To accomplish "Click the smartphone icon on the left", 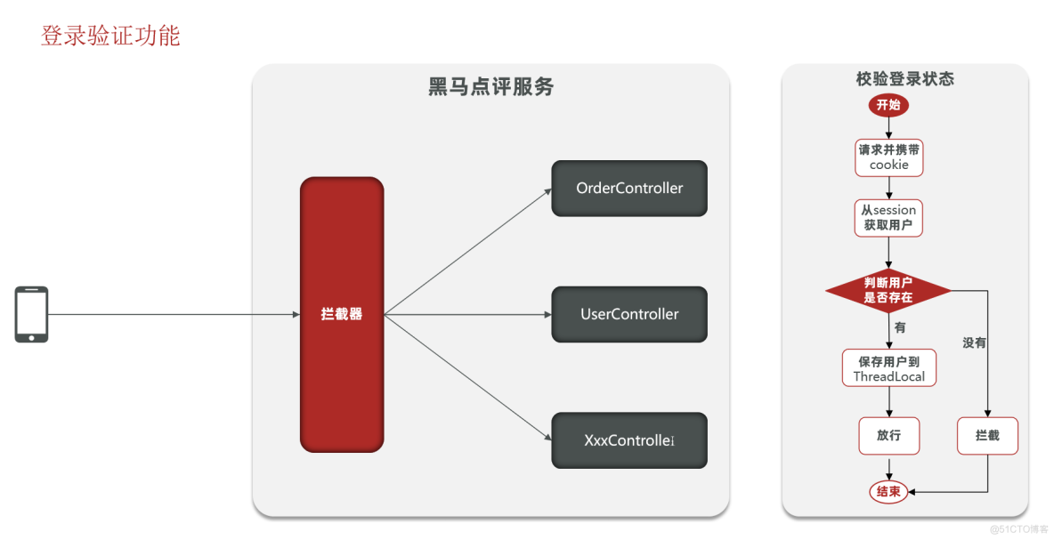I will [31, 314].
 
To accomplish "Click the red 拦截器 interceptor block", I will [342, 314].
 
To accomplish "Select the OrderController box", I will [629, 188].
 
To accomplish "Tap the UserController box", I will [629, 314].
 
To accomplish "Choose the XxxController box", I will [629, 440].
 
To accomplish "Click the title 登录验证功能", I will [110, 36].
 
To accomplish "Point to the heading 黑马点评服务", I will [491, 87].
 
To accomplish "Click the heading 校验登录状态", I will [904, 79].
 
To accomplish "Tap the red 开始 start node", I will [888, 105].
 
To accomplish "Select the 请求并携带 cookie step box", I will [888, 157].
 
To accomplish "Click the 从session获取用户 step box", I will [888, 217].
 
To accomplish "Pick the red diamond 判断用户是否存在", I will [888, 290].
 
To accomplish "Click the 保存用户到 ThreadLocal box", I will [888, 368].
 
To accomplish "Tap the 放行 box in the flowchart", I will [888, 436].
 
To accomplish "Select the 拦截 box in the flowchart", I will [987, 436].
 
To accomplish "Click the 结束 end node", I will [888, 491].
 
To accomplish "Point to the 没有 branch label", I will [974, 343].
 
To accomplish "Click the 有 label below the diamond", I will [900, 327].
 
